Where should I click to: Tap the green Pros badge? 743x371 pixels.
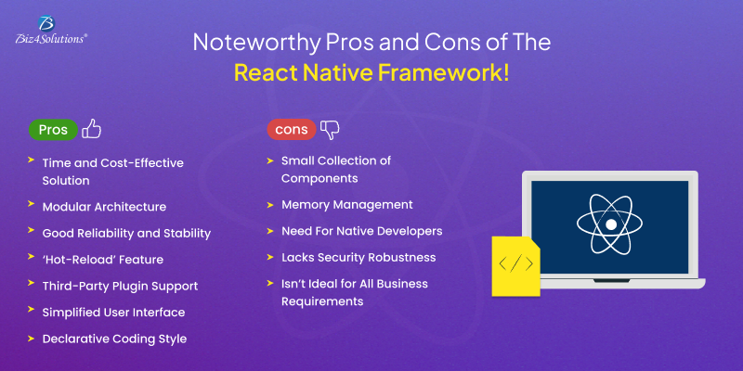coord(53,130)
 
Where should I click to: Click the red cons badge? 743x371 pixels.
coord(291,130)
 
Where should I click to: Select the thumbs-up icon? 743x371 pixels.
coord(91,129)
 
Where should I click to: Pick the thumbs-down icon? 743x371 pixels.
coord(331,129)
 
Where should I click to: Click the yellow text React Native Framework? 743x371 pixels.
coord(371,73)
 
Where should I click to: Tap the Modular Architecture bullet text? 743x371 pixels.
coord(104,207)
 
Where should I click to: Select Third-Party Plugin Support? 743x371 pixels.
coord(120,286)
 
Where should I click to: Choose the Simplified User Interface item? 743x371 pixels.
coord(113,312)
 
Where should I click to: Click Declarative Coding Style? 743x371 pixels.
coord(114,339)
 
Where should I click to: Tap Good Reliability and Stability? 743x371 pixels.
coord(126,233)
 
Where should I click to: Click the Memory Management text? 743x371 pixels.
coord(346,204)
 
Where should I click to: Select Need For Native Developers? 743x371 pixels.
coord(361,230)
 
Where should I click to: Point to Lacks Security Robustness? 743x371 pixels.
coord(358,257)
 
